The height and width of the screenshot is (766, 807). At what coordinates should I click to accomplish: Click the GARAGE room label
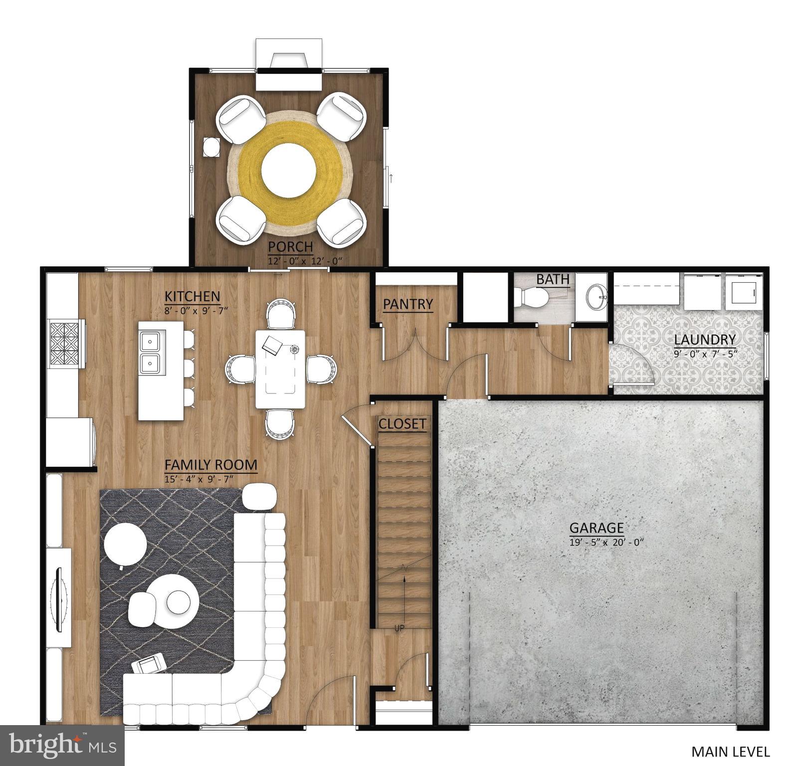pos(597,528)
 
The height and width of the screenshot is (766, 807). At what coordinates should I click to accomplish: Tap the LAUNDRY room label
pos(705,340)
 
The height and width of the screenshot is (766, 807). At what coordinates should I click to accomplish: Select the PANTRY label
pos(407,304)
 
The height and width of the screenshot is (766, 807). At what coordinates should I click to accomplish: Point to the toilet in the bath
pos(533,298)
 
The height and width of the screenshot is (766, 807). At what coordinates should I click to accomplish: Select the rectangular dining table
pos(280,369)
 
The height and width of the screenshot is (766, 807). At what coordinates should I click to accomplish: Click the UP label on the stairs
pos(400,628)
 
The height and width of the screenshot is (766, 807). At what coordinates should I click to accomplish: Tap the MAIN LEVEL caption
pos(730,751)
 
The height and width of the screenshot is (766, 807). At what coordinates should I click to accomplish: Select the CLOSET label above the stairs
pos(402,424)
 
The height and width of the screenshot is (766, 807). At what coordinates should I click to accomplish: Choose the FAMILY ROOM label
pos(211,465)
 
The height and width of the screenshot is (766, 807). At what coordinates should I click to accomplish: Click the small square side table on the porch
pos(211,148)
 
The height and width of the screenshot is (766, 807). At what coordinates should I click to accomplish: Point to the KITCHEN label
pos(192,296)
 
